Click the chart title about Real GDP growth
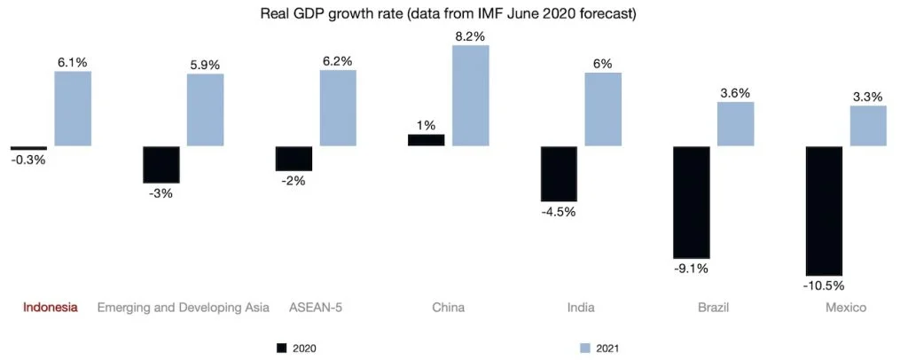(453, 14)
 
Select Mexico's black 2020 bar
(823, 210)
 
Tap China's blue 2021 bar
(471, 96)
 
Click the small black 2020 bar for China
(426, 140)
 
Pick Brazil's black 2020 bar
(691, 202)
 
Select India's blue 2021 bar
(603, 109)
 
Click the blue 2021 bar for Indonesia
(73, 108)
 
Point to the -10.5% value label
(823, 286)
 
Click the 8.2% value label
(471, 35)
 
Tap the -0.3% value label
(28, 160)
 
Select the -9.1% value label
(691, 269)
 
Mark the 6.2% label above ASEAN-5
(338, 61)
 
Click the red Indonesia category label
(50, 308)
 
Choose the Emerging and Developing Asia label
(183, 308)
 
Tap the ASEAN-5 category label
(315, 308)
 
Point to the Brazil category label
(714, 308)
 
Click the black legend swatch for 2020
(283, 348)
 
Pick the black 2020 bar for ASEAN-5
(294, 158)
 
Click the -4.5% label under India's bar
(559, 211)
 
